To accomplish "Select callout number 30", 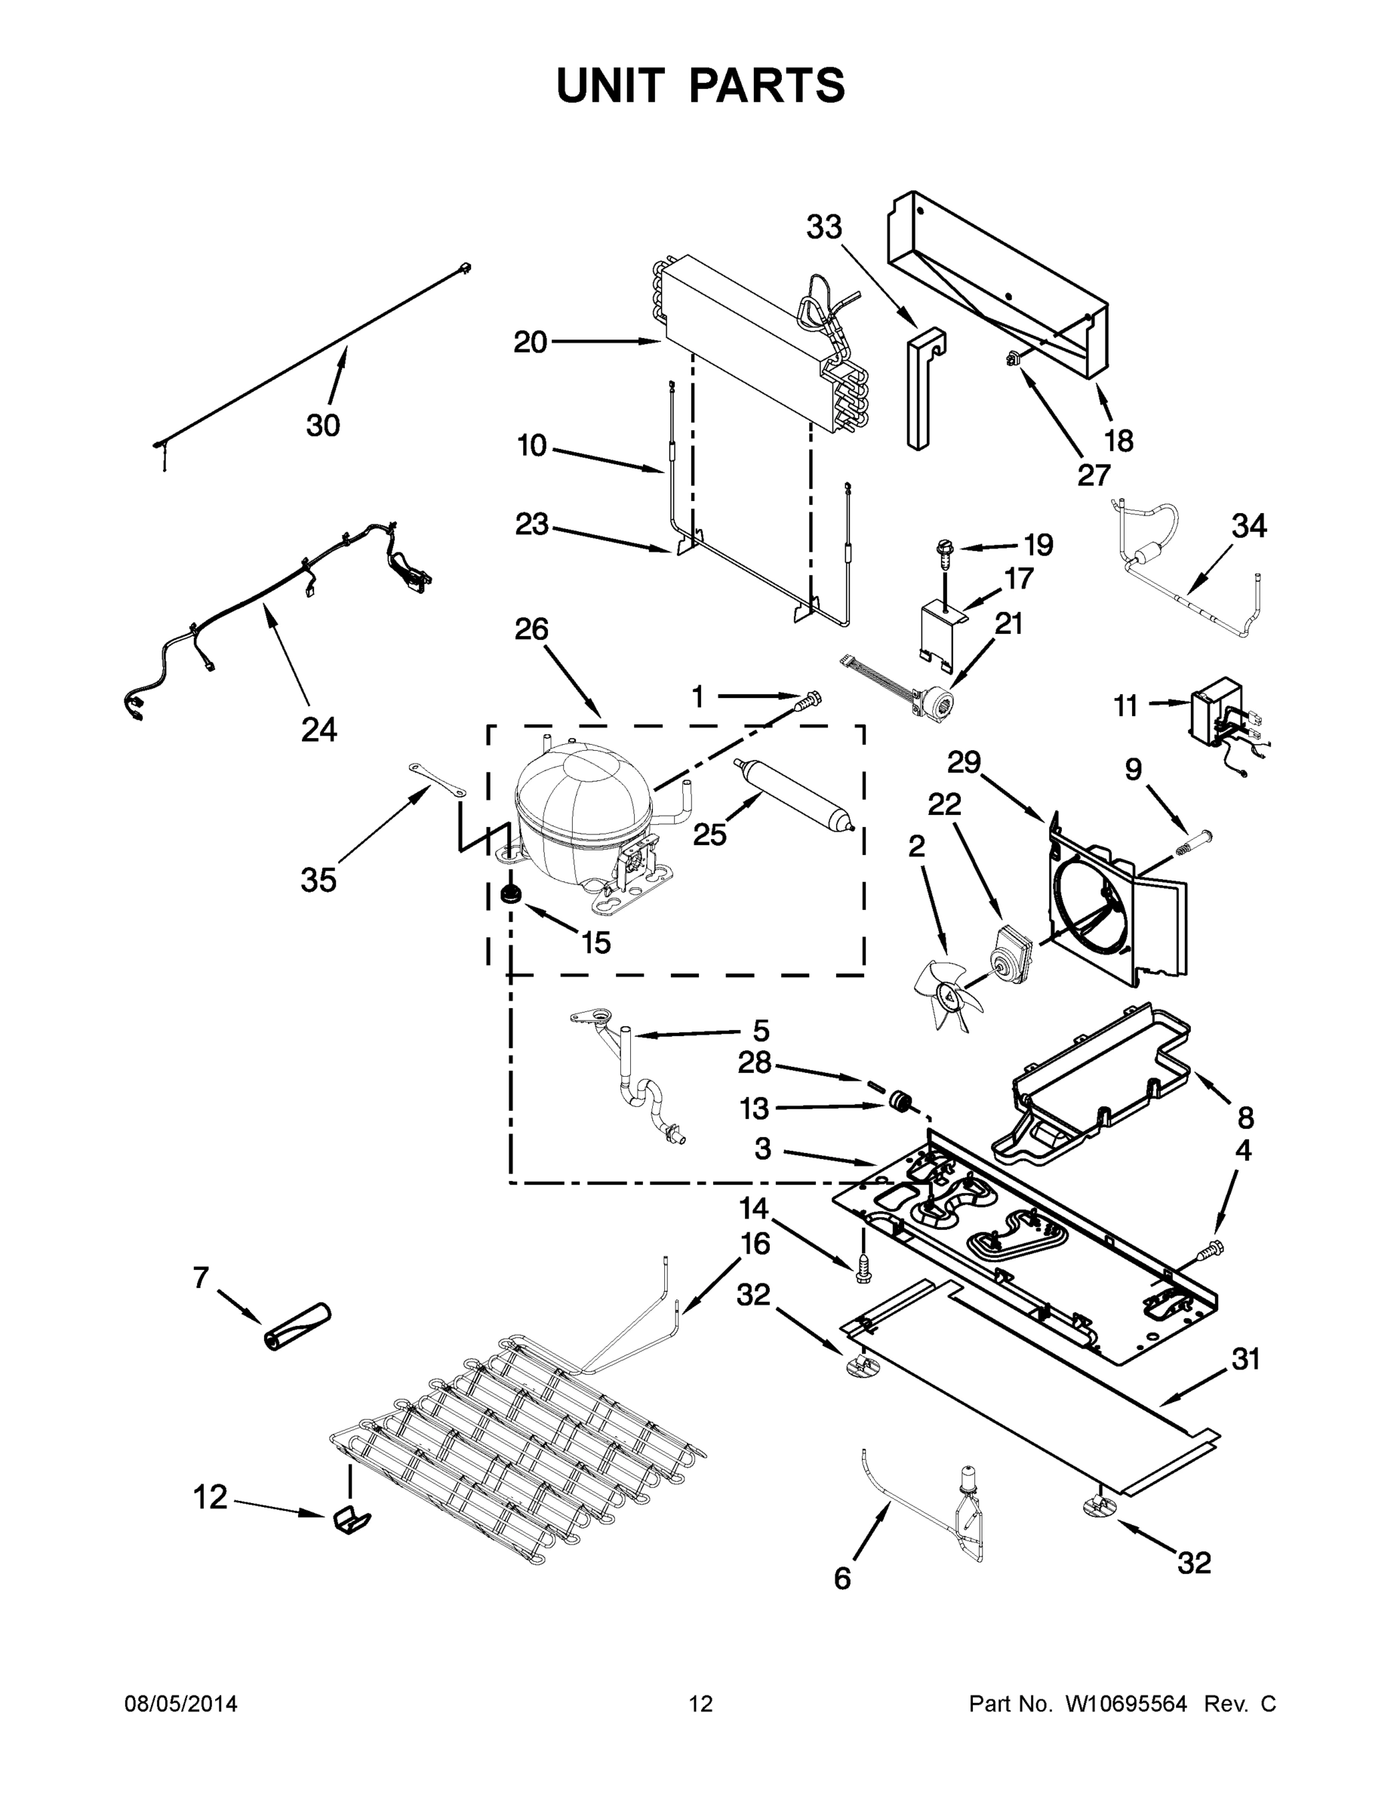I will coord(322,426).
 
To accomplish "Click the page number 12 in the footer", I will coord(700,1704).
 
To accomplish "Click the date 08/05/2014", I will coord(181,1704).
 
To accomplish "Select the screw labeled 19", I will coord(946,549).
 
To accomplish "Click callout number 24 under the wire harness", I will coord(318,730).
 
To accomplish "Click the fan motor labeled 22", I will coord(1013,949).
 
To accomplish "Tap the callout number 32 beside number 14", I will coord(753,1295).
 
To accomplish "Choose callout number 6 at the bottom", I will coord(842,1578).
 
